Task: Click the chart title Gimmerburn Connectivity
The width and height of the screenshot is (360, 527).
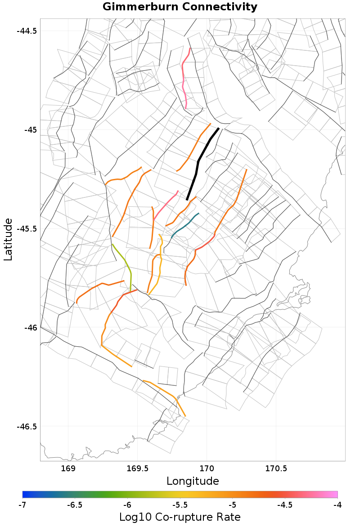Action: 180,7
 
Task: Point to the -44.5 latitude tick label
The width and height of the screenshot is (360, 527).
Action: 27,31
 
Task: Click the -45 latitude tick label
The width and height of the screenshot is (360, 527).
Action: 30,130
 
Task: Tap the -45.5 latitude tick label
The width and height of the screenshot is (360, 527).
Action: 27,228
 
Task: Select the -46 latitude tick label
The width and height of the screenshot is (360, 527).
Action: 30,327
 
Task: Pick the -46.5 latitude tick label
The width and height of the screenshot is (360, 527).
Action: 27,426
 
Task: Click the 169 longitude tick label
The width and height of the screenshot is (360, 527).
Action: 68,469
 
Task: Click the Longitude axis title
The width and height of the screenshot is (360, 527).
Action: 193,481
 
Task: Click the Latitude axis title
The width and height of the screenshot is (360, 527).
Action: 8,239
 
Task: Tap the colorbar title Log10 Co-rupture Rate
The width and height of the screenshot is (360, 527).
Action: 180,517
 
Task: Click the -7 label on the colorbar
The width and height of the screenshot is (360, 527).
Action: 22,505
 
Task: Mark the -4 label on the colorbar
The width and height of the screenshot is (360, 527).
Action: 337,505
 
